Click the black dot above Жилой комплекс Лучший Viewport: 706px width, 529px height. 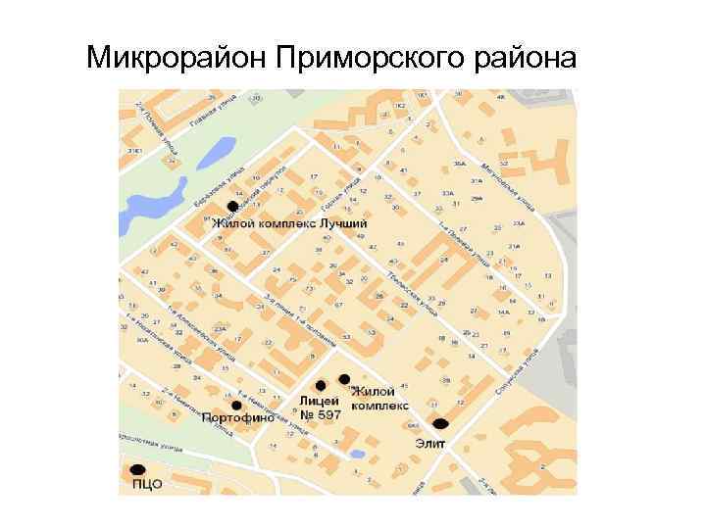[231, 206]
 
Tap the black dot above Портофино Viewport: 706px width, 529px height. [236, 405]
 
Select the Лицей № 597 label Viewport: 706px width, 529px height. [320, 408]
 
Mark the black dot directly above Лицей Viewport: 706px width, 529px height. [321, 385]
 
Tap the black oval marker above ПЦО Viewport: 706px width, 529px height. [137, 469]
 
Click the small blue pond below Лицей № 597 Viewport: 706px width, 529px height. [358, 454]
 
